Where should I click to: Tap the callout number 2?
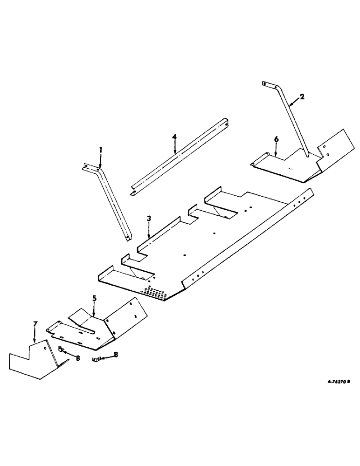(x=302, y=96)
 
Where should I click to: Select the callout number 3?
(x=149, y=218)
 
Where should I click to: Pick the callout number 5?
(x=94, y=297)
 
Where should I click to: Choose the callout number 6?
(x=276, y=139)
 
